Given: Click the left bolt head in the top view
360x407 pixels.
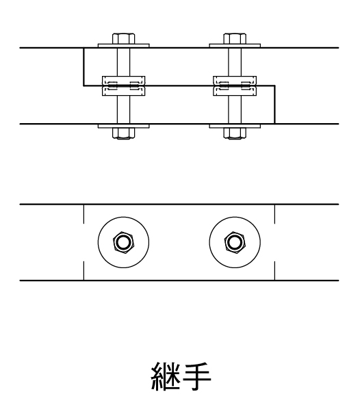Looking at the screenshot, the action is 124,38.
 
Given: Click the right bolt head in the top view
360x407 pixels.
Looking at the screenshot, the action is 235,38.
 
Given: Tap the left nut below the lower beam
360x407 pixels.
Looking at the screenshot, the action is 124,133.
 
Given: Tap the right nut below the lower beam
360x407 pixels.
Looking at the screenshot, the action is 235,133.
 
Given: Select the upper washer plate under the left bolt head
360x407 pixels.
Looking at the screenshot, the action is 124,46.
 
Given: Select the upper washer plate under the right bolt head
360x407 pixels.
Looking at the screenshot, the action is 235,46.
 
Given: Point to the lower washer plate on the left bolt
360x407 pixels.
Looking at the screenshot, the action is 124,126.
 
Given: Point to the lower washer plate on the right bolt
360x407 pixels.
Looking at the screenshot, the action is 235,126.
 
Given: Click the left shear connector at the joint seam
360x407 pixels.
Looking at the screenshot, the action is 124,86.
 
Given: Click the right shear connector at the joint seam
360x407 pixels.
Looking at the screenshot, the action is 235,86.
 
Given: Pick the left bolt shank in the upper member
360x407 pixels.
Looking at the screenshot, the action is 124,62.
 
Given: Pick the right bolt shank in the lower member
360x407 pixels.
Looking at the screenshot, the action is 235,110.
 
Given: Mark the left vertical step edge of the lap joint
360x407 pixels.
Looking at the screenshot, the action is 83,67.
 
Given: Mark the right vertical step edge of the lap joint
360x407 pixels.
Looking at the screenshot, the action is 275,105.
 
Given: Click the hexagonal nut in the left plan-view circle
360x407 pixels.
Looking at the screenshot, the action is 124,242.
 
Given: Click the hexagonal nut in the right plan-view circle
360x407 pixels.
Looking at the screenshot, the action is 235,242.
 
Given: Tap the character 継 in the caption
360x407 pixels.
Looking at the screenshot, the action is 166,376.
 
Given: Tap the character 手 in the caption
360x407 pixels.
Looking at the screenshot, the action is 196,376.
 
